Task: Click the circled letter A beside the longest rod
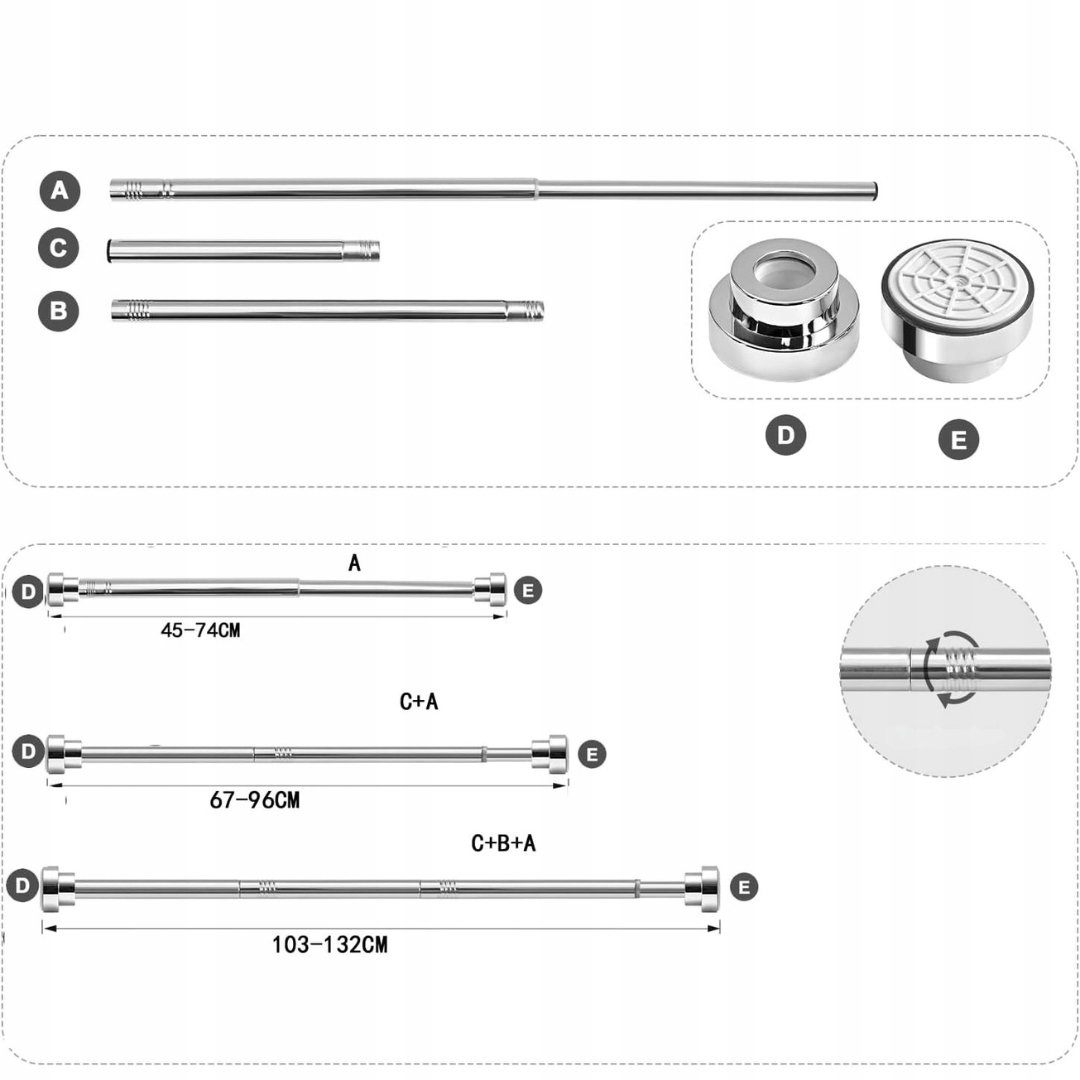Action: (59, 191)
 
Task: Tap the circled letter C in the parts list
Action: (59, 248)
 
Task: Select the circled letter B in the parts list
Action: (59, 311)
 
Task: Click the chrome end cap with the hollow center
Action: (785, 309)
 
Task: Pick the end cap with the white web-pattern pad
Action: (957, 309)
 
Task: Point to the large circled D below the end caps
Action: (785, 435)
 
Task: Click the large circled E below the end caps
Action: (958, 439)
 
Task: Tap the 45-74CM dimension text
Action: (200, 630)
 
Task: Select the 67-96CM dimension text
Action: (255, 800)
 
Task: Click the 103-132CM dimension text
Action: (330, 944)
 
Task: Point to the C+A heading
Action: (419, 701)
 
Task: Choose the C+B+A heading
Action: (503, 843)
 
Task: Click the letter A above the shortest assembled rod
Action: (354, 563)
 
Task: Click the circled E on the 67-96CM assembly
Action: (592, 754)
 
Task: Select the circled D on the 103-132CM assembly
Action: (23, 886)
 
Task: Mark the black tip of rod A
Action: (875, 191)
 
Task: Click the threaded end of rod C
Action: (362, 251)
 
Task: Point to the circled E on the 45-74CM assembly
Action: (528, 590)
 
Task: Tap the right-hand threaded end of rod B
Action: (526, 310)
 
